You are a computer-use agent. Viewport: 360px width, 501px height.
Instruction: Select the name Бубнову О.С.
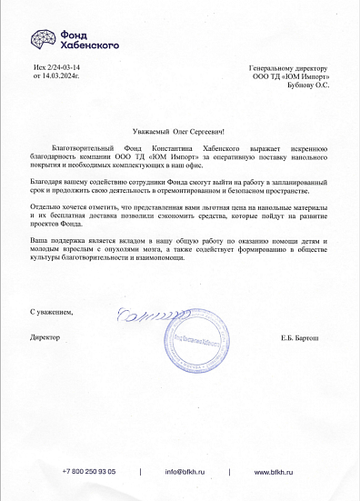point(308,85)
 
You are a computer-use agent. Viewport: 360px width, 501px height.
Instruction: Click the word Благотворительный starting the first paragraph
point(83,146)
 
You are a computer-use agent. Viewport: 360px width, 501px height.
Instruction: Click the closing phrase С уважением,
point(51,312)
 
